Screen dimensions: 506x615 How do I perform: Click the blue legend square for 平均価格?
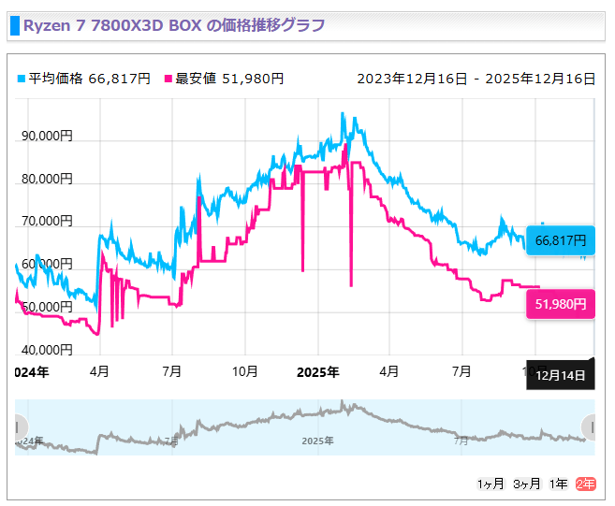point(22,79)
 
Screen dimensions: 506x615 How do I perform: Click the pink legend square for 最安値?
point(168,79)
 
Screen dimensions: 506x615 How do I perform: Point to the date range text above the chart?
point(476,79)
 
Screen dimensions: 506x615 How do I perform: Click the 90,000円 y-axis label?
point(45,136)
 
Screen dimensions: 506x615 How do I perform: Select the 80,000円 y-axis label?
point(45,179)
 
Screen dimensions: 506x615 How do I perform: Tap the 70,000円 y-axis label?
point(45,222)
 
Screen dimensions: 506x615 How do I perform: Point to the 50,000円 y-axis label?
point(45,307)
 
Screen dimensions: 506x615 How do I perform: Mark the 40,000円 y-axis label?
point(45,350)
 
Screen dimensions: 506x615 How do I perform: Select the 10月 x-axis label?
point(244,371)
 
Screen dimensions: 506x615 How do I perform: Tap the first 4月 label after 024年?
point(99,371)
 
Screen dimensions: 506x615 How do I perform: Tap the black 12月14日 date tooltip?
point(561,376)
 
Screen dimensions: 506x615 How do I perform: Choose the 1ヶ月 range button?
point(491,484)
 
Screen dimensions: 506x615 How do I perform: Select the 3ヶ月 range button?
point(526,484)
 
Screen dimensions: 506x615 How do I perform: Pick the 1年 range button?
point(558,484)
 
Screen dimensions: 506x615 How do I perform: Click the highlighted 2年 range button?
point(585,484)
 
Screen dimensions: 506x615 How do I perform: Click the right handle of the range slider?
point(589,426)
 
